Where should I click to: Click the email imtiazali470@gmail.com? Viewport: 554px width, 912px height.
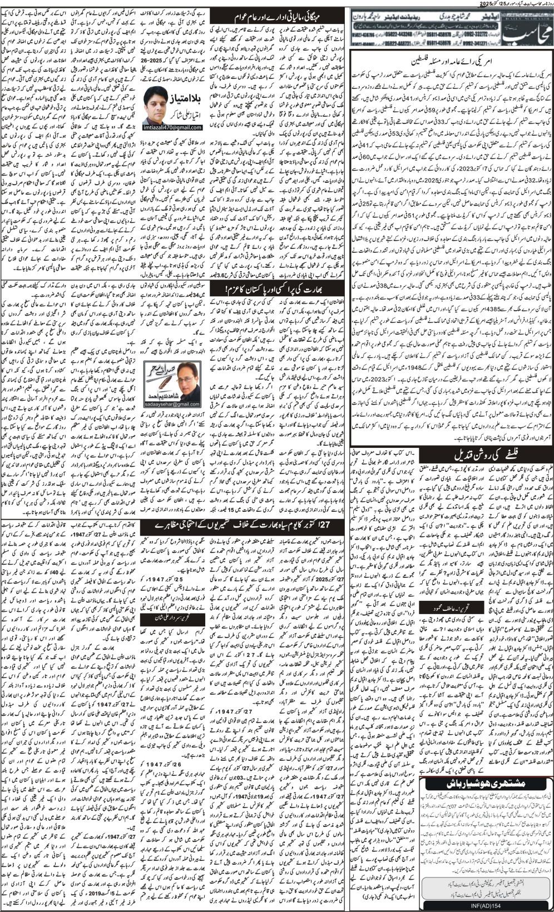point(174,127)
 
